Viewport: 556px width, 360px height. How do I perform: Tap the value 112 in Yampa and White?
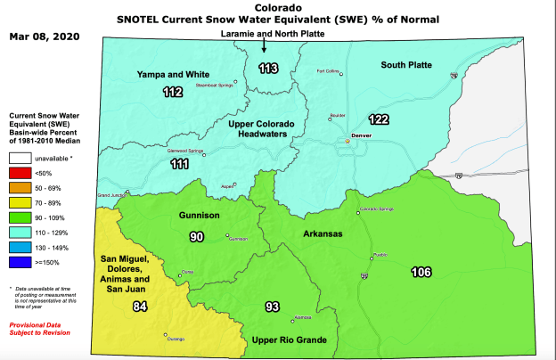173,92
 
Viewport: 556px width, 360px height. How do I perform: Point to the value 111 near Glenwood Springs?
179,165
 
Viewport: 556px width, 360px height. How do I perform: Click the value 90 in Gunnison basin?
196,236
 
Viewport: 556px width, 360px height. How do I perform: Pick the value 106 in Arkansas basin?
421,271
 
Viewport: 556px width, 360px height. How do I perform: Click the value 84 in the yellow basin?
139,307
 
